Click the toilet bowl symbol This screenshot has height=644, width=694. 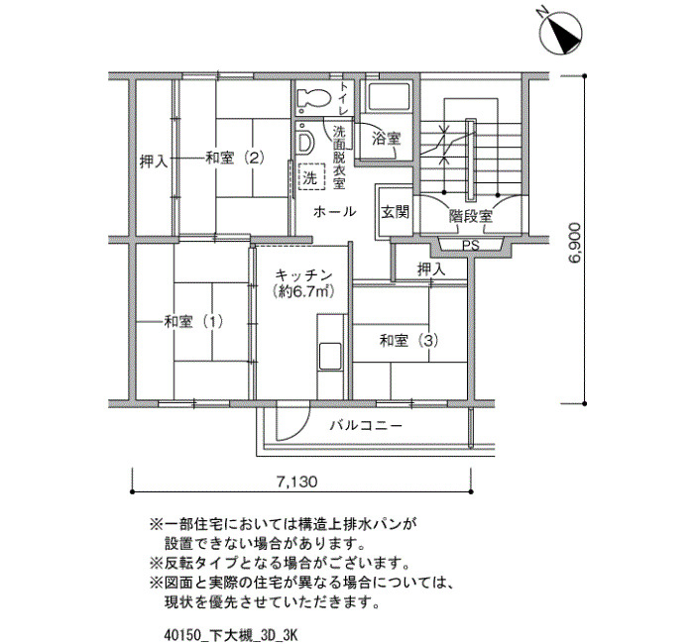[x=314, y=99]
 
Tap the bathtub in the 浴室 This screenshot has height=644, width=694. [x=389, y=97]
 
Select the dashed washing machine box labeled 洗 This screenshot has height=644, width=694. [x=311, y=177]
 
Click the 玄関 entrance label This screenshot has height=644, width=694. [x=396, y=213]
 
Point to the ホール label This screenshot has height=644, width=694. [x=335, y=212]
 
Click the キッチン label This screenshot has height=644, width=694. [x=303, y=275]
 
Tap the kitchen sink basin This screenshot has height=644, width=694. [x=330, y=356]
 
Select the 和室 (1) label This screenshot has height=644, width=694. [x=193, y=322]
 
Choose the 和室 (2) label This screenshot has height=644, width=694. [x=235, y=158]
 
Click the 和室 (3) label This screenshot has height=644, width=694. [x=408, y=341]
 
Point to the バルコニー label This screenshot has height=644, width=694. [x=367, y=426]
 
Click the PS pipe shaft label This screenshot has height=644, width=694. [x=471, y=246]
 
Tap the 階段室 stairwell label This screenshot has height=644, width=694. [x=471, y=217]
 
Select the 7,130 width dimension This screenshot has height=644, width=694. [x=297, y=482]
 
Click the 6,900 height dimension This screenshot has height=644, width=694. [x=574, y=243]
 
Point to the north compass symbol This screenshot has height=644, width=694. [x=561, y=33]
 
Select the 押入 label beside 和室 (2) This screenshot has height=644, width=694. [x=154, y=161]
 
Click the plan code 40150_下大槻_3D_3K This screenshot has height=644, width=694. [x=231, y=636]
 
